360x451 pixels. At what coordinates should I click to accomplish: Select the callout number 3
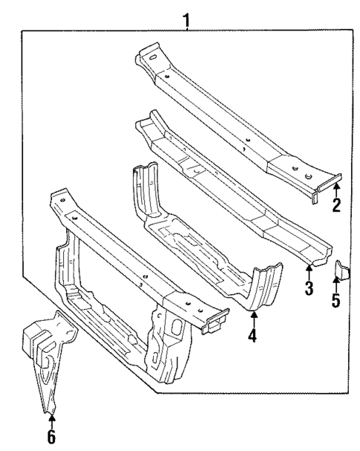(x=309, y=288)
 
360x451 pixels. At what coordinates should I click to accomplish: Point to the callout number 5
(x=336, y=302)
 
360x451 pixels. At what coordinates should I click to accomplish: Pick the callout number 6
(x=50, y=437)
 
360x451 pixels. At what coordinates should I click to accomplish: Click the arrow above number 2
(x=336, y=191)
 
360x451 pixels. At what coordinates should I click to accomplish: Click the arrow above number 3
(x=309, y=273)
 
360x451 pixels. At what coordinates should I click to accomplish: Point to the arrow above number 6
(x=50, y=422)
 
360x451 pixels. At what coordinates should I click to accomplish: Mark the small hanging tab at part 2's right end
(x=315, y=197)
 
